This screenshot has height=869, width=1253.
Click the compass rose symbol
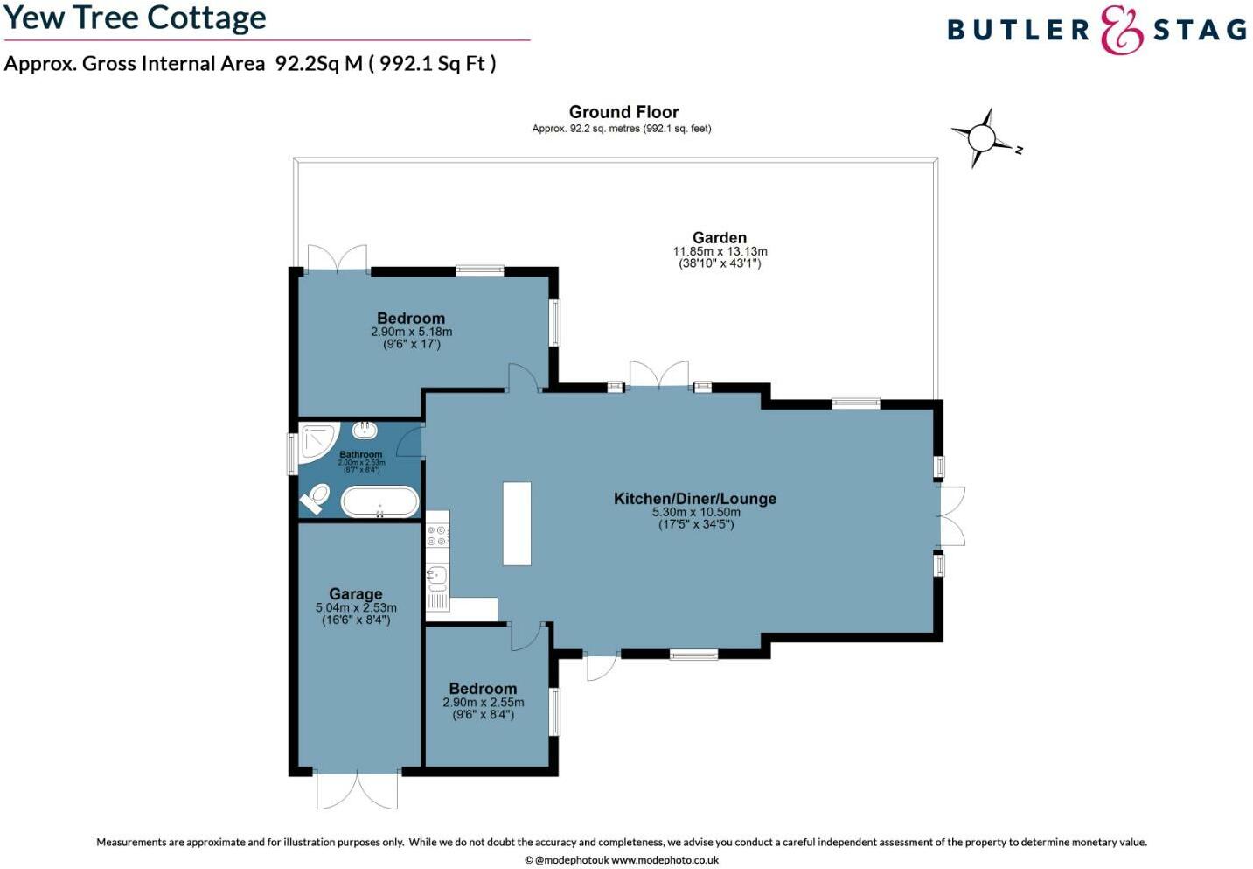click(x=982, y=138)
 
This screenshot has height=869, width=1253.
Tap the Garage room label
click(x=356, y=593)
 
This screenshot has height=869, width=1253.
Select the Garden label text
click(x=719, y=237)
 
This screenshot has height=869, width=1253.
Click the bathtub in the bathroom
click(x=379, y=501)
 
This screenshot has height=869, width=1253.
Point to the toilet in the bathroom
click(x=315, y=500)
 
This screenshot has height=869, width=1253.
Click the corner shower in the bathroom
click(x=317, y=440)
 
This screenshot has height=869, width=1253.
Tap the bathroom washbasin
click(x=365, y=430)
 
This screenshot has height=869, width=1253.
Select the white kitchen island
click(x=517, y=523)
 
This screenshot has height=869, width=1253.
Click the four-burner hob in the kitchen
click(x=437, y=536)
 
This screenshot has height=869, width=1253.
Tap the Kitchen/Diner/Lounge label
click(x=695, y=499)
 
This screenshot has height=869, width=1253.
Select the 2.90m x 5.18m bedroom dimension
click(x=411, y=333)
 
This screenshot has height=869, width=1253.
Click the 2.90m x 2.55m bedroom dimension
click(x=484, y=703)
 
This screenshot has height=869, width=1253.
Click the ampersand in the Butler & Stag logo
click(x=1121, y=30)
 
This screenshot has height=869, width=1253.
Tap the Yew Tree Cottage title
click(x=136, y=18)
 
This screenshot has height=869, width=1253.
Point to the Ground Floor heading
click(x=623, y=112)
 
